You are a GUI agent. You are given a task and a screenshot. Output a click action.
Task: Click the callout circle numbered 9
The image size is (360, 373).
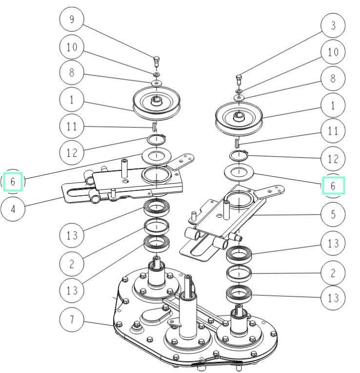[72, 20]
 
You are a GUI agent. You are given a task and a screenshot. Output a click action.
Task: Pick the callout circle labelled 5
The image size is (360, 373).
[333, 214]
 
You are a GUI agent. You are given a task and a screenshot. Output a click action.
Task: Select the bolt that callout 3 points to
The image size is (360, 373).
[239, 79]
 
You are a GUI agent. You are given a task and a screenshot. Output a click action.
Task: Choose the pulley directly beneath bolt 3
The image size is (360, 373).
[239, 118]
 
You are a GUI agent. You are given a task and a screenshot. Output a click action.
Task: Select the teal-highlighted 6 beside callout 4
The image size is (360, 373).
[13, 182]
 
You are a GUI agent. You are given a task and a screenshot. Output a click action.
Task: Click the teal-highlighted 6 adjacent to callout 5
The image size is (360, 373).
[333, 186]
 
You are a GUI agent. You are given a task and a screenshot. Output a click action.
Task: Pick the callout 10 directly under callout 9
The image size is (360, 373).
[72, 47]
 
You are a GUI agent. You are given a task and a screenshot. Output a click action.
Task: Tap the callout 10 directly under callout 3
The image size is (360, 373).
[333, 51]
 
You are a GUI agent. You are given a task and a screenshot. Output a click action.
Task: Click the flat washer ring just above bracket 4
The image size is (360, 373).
[156, 157]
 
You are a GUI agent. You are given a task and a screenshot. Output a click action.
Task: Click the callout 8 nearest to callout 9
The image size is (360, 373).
[72, 73]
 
